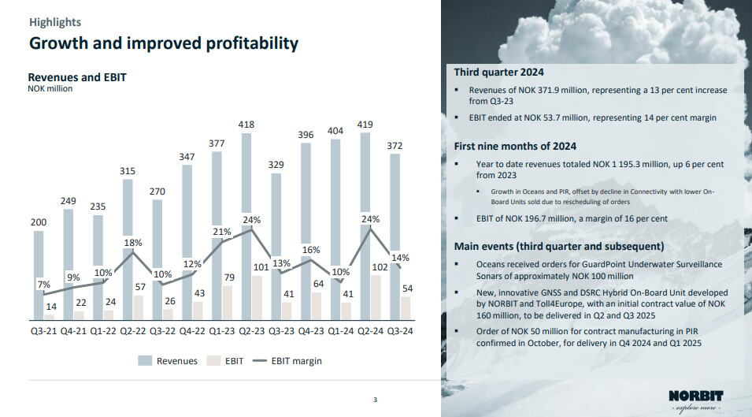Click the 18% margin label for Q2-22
coord(132,244)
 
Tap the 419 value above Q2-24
coord(365,125)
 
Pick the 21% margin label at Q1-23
coord(221,232)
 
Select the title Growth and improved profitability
coord(164,43)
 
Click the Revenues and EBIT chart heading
coord(77,77)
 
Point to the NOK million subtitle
coord(50,89)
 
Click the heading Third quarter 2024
coord(498,73)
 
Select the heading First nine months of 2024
coord(515,146)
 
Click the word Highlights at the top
coord(55,23)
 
